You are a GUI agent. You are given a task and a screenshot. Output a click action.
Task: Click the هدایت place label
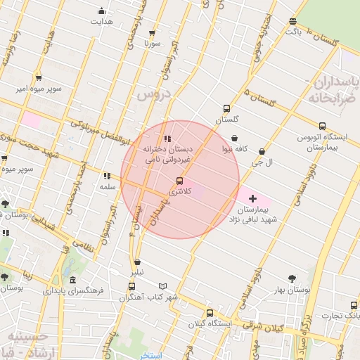click(101, 21)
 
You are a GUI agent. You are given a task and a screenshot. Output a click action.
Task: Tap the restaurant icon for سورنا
click(153, 32)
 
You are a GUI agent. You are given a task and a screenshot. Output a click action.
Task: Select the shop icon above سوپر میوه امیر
click(38, 78)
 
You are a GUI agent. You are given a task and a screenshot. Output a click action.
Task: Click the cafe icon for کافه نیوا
click(234, 139)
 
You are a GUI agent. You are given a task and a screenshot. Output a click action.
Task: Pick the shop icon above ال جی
click(262, 151)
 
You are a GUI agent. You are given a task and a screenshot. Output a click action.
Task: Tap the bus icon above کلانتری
click(179, 181)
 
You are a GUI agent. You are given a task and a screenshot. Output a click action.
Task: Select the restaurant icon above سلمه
click(107, 176)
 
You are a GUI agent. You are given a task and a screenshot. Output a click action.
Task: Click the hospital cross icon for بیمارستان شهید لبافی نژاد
click(253, 199)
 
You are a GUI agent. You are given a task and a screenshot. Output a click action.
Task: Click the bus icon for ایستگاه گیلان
click(210, 313)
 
